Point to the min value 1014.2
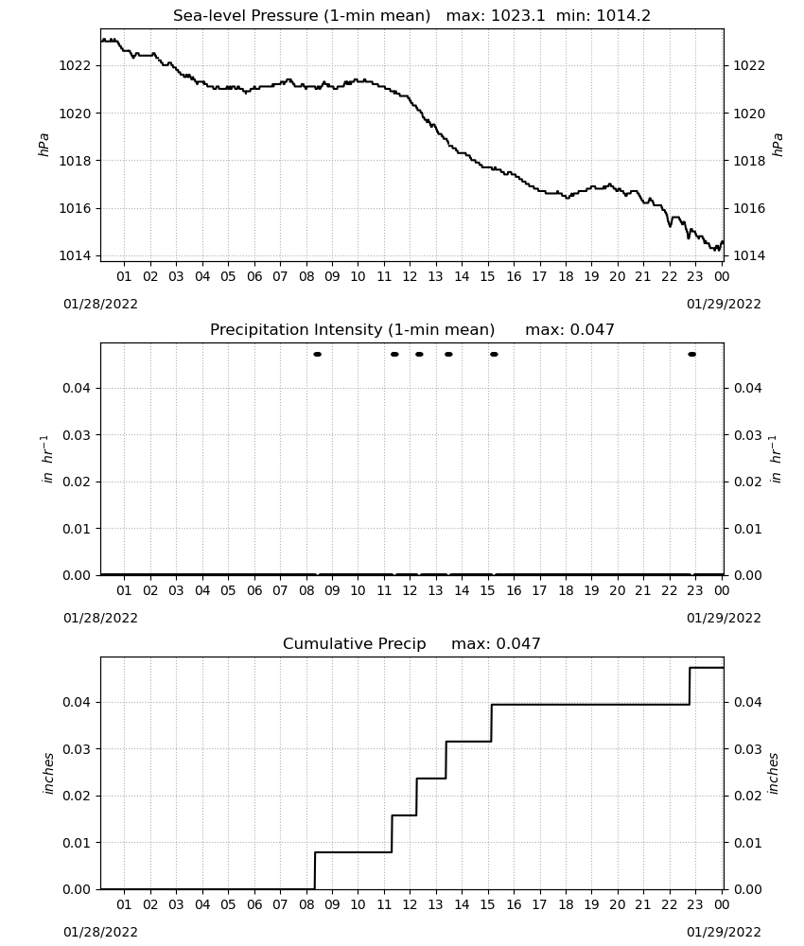[x=623, y=15]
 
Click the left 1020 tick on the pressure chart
[x=75, y=114]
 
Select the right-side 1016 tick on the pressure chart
[x=749, y=208]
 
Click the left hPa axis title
[x=44, y=145]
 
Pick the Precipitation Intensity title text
[x=352, y=329]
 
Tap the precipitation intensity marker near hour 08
[x=317, y=354]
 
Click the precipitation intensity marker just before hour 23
[x=691, y=354]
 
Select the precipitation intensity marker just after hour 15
[x=494, y=354]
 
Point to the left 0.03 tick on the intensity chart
[x=78, y=435]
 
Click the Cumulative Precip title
[x=354, y=643]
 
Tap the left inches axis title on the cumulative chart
[x=48, y=774]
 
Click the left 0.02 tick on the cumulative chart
[x=78, y=796]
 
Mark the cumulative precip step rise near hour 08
[x=315, y=870]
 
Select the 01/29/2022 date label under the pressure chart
[x=724, y=304]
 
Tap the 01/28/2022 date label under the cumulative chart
[x=100, y=932]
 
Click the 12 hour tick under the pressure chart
[x=410, y=276]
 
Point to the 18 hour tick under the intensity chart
[x=565, y=590]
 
